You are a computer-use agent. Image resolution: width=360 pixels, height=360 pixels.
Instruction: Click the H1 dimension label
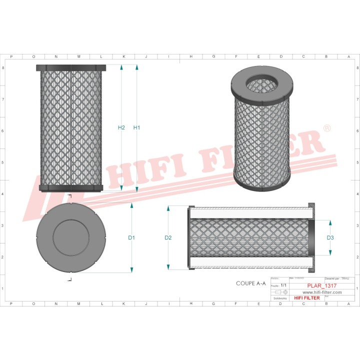[x=136, y=127]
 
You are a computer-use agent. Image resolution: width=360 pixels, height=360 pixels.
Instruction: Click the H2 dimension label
[x=121, y=127]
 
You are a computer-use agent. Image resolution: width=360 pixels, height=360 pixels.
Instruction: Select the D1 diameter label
[x=131, y=237]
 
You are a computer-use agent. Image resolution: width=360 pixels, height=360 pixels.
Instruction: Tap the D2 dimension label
[x=168, y=237]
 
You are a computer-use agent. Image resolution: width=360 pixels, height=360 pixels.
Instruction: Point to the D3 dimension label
[x=330, y=237]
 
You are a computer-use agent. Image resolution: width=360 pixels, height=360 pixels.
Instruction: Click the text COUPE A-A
[x=250, y=283]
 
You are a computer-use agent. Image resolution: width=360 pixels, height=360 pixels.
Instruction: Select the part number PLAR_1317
[x=321, y=285]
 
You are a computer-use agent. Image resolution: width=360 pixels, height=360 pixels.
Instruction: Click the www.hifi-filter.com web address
[x=321, y=292]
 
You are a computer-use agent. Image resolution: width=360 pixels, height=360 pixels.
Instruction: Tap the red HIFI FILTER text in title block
[x=306, y=298]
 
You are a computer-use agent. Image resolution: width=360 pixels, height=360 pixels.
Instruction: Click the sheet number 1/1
[x=283, y=285]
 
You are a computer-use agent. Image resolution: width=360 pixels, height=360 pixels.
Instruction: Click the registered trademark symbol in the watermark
[x=327, y=128]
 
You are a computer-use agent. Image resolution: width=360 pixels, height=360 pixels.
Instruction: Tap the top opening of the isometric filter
[x=261, y=83]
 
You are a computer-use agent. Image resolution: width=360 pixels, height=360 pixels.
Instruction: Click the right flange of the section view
[x=312, y=237]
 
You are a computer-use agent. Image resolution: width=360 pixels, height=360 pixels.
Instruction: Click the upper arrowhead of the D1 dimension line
[x=131, y=205]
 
